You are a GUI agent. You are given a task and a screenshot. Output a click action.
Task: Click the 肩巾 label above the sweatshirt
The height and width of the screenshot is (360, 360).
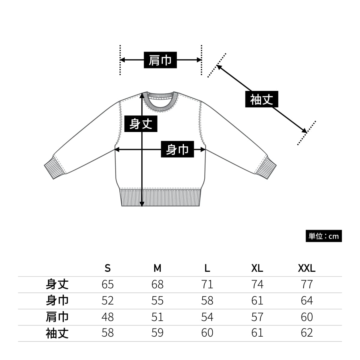click(x=160, y=60)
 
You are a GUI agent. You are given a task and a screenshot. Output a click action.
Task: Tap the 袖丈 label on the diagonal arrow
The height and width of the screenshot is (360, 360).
click(x=262, y=99)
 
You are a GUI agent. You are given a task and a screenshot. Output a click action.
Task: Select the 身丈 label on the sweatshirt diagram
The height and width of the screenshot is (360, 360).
click(x=141, y=124)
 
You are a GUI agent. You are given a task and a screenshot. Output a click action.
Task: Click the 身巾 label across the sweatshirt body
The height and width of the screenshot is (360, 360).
click(x=177, y=149)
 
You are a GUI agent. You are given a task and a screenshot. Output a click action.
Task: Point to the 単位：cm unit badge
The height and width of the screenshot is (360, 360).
click(x=323, y=236)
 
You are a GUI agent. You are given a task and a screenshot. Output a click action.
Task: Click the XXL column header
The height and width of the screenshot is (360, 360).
click(x=307, y=268)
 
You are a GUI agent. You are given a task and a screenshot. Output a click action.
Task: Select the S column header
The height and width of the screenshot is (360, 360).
click(x=108, y=268)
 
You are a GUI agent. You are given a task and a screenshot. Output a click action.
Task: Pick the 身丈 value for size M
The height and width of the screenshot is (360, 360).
click(x=157, y=284)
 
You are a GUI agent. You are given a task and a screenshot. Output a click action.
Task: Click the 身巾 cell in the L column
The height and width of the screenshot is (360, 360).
click(x=207, y=301)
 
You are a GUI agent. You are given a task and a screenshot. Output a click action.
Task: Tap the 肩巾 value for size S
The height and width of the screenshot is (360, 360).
click(x=108, y=317)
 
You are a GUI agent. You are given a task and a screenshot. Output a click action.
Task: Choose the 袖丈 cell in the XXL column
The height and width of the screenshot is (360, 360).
click(x=307, y=333)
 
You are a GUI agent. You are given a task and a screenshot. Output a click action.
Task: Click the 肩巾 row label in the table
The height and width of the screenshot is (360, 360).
click(x=57, y=317)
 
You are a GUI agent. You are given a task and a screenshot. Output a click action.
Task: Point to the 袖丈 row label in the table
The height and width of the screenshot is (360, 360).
click(x=57, y=333)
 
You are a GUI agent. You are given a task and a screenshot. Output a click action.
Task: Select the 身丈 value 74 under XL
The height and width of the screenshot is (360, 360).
click(x=257, y=284)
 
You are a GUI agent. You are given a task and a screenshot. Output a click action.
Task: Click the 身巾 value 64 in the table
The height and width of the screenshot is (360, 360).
click(x=307, y=301)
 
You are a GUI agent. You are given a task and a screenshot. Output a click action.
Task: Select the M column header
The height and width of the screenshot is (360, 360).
click(x=157, y=268)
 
